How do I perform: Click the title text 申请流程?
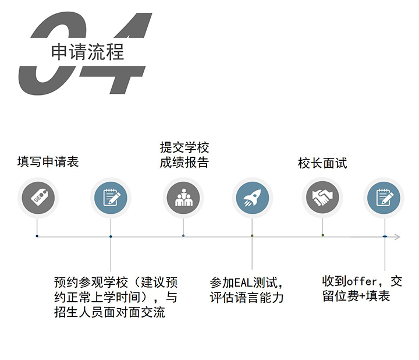coord(87,52)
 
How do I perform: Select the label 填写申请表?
coord(48,162)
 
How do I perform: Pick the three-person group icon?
coord(183,197)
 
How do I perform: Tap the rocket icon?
coord(252,197)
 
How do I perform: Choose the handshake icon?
coord(322,197)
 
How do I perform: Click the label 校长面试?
coord(322,163)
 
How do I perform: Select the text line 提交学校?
coord(184,147)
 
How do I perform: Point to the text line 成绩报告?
coord(184,163)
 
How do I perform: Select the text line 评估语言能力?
coord(247,298)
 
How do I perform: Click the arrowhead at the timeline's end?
coord(397,237)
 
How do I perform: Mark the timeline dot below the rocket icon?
coord(252,236)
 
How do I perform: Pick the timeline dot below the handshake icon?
coord(322,235)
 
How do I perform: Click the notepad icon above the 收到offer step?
coord(384,197)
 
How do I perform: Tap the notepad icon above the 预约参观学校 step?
coord(111,197)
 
